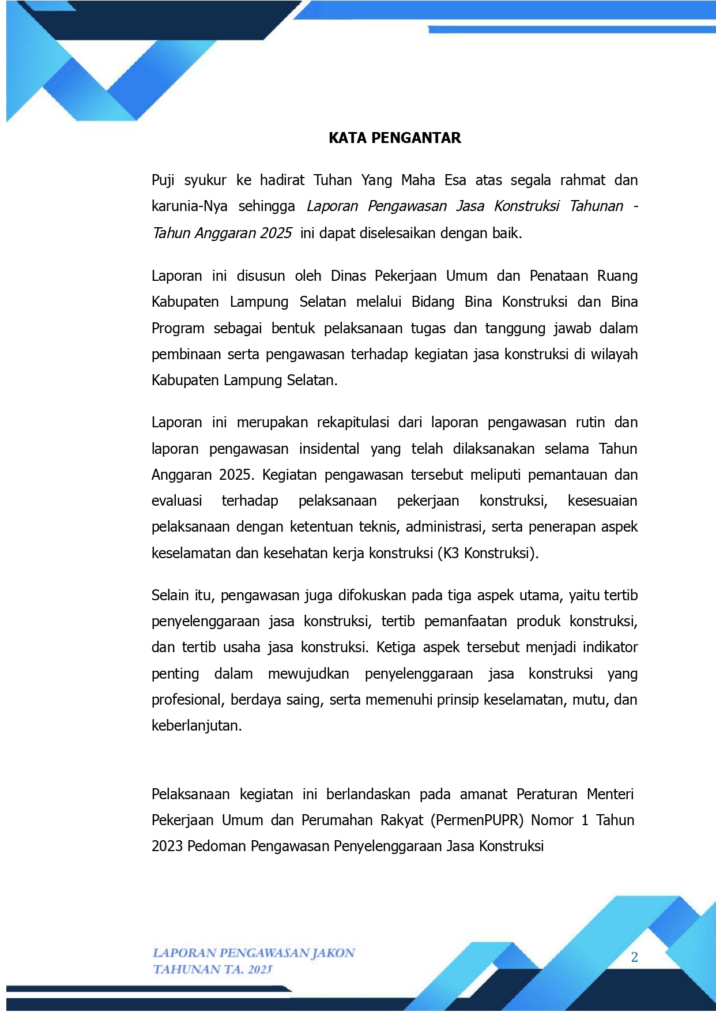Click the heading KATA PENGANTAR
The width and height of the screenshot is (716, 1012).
394,138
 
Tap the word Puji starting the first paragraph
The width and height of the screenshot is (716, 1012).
163,180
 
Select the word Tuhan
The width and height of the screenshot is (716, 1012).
333,180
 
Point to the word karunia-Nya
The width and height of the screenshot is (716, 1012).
189,206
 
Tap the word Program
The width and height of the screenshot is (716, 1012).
178,329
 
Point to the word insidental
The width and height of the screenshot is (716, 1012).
329,449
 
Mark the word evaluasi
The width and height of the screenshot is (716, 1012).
176,501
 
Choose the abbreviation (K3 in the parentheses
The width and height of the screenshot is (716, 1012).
449,553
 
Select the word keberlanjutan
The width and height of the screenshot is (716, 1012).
196,725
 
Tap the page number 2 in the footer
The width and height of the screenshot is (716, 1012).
634,957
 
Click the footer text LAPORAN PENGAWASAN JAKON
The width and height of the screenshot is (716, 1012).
254,953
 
